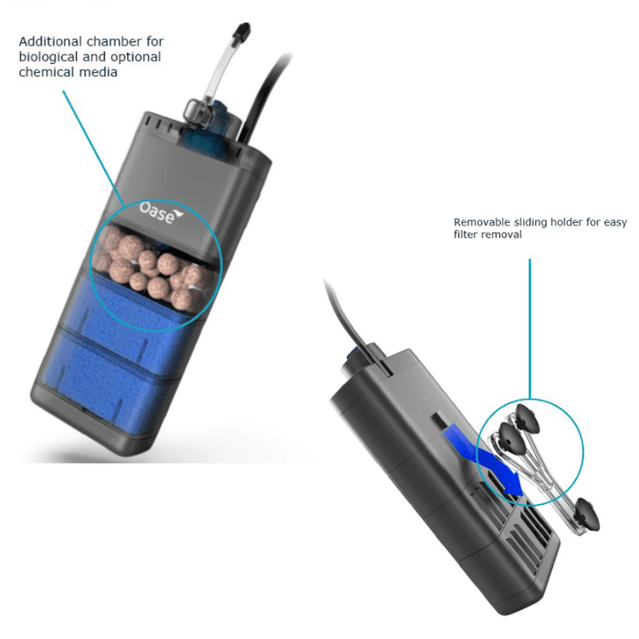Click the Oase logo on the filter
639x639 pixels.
[161, 213]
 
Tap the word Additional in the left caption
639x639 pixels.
[50, 41]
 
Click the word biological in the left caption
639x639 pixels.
[48, 57]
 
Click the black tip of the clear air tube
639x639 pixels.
[244, 30]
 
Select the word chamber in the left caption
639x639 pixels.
[114, 41]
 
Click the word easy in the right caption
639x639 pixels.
[615, 224]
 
